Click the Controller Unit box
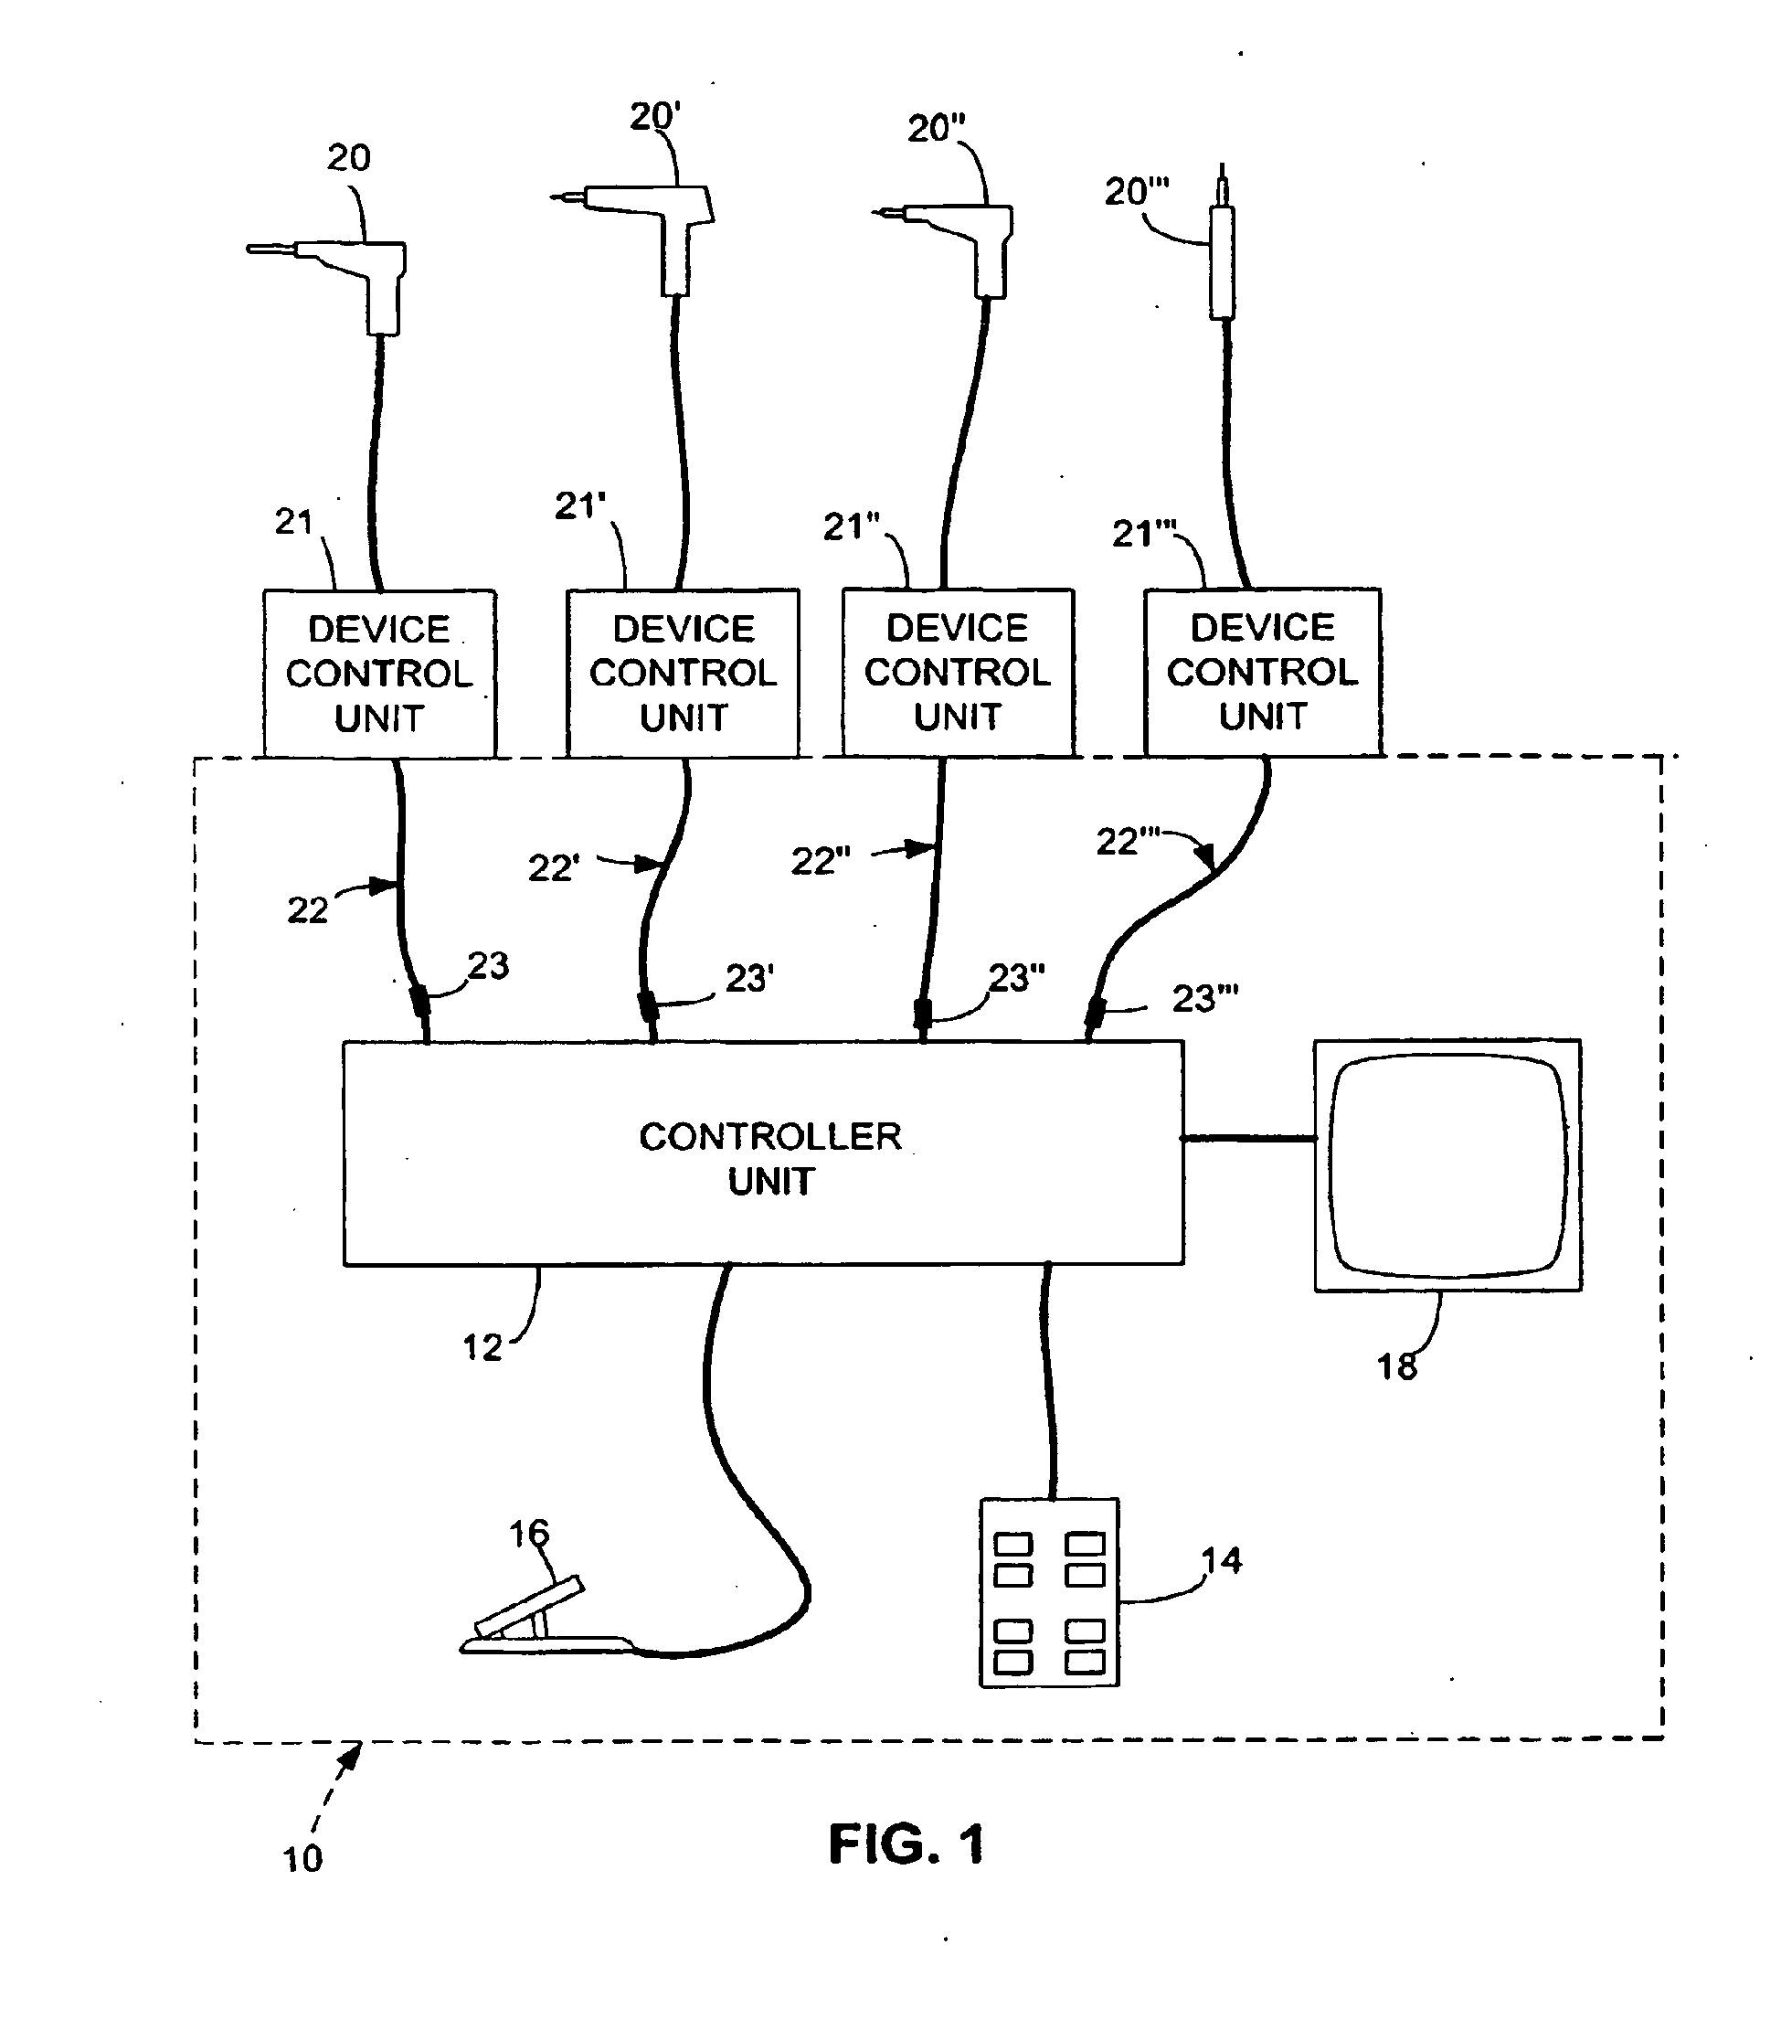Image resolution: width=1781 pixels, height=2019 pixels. click(763, 1153)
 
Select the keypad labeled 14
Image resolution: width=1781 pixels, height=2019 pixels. click(1048, 1592)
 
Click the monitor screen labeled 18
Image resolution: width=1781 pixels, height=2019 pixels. click(1447, 1164)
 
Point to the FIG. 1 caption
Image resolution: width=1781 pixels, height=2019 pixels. click(906, 1844)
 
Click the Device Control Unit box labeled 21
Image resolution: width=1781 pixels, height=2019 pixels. click(379, 674)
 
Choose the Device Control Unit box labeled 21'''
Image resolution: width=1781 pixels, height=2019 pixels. click(1261, 672)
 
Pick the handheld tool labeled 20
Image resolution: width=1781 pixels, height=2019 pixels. click(366, 277)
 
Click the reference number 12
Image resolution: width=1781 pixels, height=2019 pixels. click(482, 1347)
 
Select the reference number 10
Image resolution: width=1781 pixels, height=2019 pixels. click(302, 1859)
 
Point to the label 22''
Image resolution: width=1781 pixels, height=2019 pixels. click(820, 861)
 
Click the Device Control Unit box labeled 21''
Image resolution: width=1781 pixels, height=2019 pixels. click(957, 673)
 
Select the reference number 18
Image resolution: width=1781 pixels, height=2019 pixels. click(1397, 1367)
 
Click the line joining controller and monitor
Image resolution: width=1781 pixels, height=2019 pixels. click(1248, 1139)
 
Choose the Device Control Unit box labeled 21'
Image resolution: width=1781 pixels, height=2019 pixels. click(683, 673)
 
